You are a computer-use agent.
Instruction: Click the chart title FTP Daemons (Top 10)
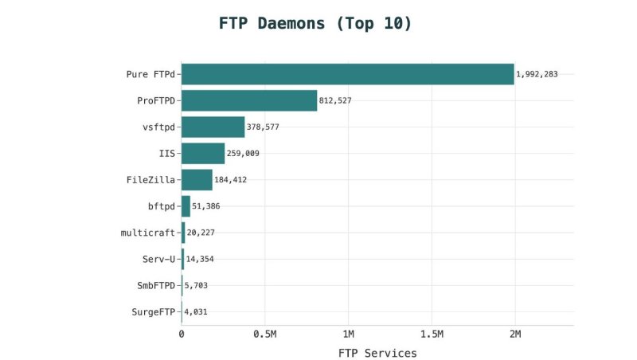coord(315,23)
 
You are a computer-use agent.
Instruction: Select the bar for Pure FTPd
coord(347,74)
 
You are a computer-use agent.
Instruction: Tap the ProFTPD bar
coord(249,100)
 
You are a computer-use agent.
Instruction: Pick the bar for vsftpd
coord(213,127)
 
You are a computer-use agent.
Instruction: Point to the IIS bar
coord(203,153)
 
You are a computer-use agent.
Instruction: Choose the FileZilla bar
coord(197,179)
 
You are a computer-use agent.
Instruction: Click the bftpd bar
coord(186,205)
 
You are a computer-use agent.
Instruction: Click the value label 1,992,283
coord(537,74)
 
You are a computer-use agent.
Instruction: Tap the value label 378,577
coord(263,127)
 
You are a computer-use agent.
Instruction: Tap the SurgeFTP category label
coord(153,311)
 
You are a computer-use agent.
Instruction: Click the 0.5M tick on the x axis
coord(264,333)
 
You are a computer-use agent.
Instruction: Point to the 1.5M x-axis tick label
coord(431,333)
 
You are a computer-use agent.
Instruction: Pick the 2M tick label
coord(514,333)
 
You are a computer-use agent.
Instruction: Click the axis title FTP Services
coord(377,353)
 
